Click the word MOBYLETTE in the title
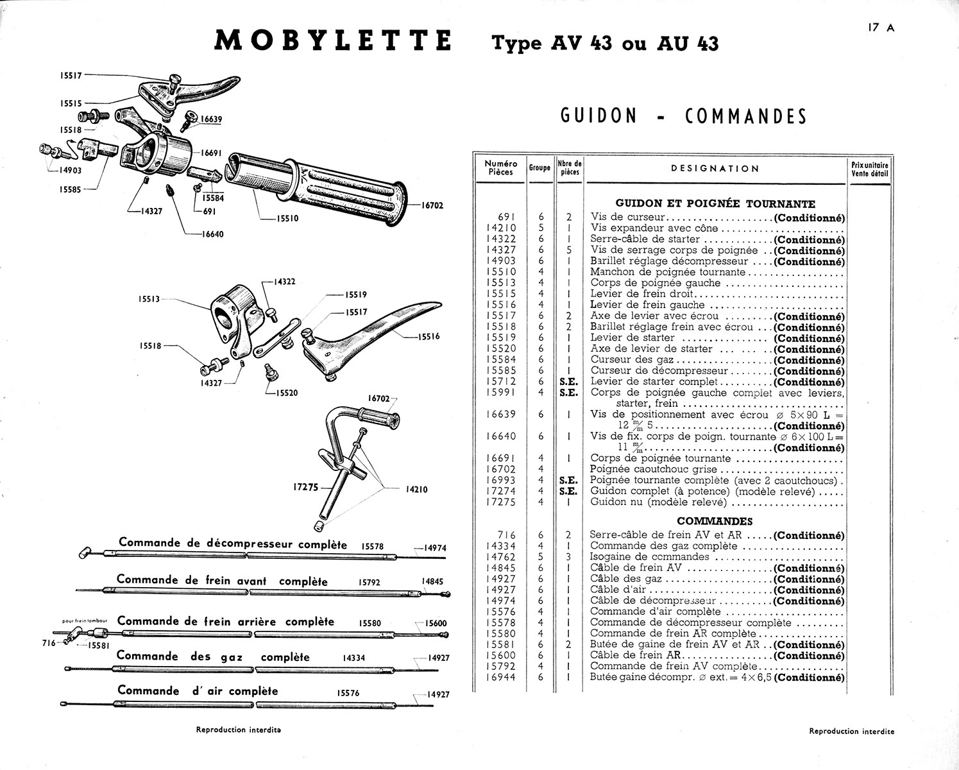[332, 41]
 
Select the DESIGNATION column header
[715, 169]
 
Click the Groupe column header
[539, 168]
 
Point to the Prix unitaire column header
[870, 169]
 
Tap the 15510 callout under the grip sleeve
[288, 218]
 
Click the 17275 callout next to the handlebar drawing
[306, 487]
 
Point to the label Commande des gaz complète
[213, 657]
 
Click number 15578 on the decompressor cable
[372, 547]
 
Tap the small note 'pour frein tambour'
[88, 621]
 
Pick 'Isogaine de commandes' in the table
[649, 557]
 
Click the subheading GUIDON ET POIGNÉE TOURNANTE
[715, 204]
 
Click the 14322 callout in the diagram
[283, 282]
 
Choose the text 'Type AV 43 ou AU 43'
[605, 43]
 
